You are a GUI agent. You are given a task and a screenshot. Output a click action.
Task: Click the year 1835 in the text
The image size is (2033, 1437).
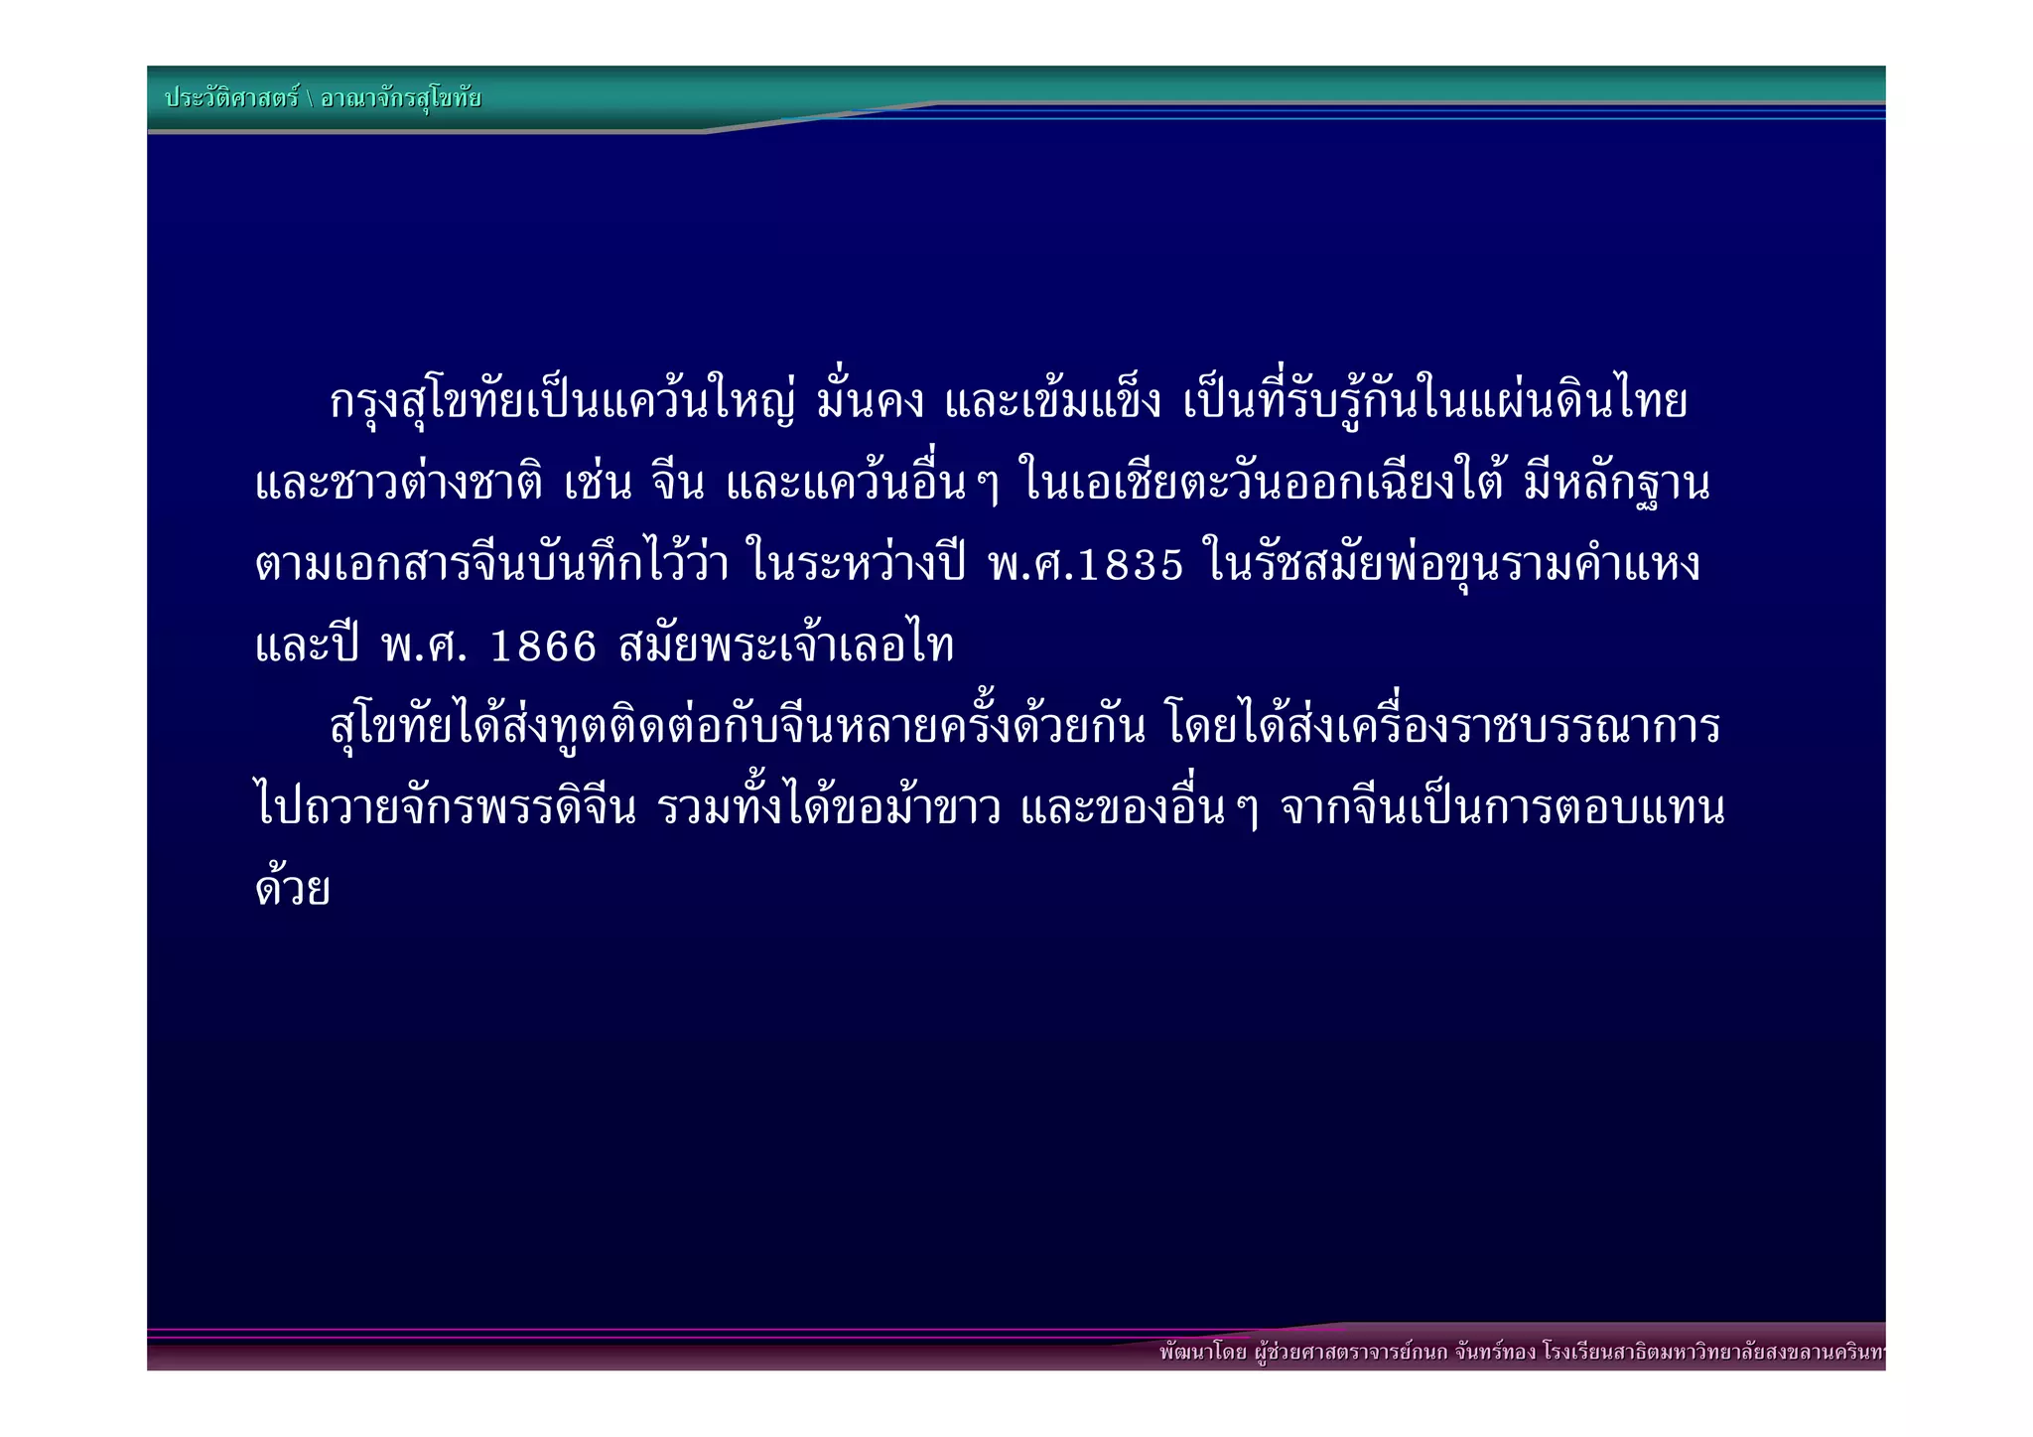pyautogui.click(x=1132, y=565)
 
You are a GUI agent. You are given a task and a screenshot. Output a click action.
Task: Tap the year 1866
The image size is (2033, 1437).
pyautogui.click(x=544, y=647)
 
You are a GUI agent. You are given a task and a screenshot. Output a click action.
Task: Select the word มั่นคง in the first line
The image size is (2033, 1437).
pyautogui.click(x=870, y=402)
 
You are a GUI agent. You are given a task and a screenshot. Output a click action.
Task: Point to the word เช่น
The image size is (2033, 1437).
pyautogui.click(x=599, y=484)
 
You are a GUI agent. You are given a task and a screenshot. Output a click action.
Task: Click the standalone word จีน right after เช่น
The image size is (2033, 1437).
pyautogui.click(x=679, y=484)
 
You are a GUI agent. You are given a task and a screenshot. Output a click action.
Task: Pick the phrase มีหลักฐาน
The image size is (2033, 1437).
pyautogui.click(x=1617, y=484)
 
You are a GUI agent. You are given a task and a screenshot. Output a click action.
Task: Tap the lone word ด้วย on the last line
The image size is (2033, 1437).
pyautogui.click(x=292, y=887)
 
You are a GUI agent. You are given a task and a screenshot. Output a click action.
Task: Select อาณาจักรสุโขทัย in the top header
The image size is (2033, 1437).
pyautogui.click(x=401, y=97)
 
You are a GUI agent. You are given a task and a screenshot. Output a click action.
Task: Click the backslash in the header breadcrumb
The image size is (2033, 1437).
pyautogui.click(x=310, y=98)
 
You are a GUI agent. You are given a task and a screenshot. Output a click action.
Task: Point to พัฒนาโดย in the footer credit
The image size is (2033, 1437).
pyautogui.click(x=1202, y=1352)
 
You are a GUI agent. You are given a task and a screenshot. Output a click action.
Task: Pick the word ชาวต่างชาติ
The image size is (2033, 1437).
pyautogui.click(x=438, y=484)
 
